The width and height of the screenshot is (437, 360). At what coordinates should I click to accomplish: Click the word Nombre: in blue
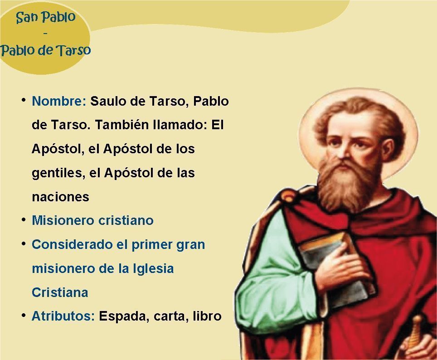tap(59, 101)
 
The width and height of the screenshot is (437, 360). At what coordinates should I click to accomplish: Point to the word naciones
tap(60, 197)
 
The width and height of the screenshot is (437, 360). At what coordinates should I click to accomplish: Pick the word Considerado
tap(72, 244)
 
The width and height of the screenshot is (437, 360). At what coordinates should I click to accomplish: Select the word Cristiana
tap(60, 292)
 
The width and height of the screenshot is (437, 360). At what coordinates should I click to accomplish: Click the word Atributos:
tap(63, 316)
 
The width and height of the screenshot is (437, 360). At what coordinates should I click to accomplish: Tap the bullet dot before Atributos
tap(24, 316)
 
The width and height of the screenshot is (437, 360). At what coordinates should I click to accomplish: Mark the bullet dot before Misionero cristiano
tap(24, 220)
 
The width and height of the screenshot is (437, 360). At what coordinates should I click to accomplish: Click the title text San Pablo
tap(46, 17)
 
